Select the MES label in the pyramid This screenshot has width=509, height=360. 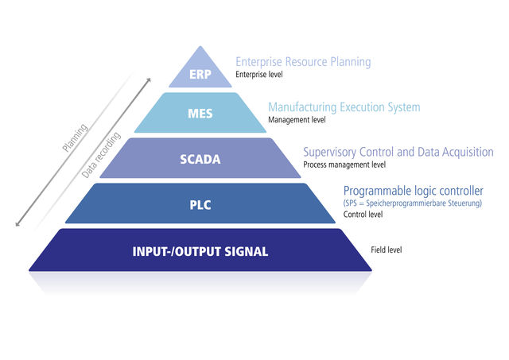click(x=200, y=114)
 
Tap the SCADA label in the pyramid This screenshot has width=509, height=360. click(x=200, y=159)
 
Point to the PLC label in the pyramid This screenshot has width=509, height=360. click(x=200, y=204)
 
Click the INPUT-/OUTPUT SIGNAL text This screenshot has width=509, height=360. click(x=200, y=252)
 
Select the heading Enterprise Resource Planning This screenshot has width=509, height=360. click(x=303, y=62)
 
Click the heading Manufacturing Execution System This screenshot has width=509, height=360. click(x=344, y=107)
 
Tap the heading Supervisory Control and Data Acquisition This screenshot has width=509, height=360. click(x=398, y=152)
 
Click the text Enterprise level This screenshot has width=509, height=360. click(x=258, y=75)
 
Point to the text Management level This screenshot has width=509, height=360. click(x=297, y=120)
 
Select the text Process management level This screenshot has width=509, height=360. click(x=344, y=165)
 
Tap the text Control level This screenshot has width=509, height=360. click(x=362, y=215)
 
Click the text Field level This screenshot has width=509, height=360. click(x=387, y=250)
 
